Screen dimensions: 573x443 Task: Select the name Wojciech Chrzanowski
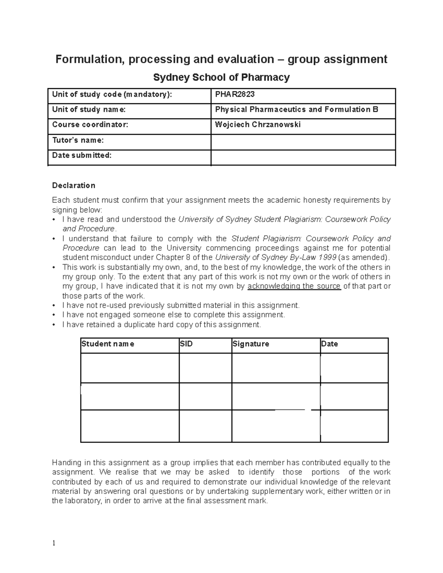pos(258,125)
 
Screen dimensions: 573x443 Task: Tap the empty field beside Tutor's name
pos(303,142)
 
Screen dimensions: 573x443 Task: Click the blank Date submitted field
pos(303,157)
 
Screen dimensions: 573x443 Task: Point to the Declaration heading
pos(73,185)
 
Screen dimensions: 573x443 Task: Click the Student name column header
pos(108,344)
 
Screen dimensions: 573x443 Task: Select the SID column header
pos(186,344)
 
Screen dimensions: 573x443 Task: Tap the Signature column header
pos(251,344)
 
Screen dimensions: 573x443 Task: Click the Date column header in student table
pos(330,344)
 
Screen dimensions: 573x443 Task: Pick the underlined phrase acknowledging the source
pos(294,286)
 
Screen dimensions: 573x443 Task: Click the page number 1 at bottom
pos(54,543)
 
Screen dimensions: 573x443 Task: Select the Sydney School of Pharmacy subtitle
pos(221,77)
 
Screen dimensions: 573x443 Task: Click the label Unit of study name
pos(89,110)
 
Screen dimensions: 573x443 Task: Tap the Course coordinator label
pos(90,125)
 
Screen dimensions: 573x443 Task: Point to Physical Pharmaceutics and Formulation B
pos(296,110)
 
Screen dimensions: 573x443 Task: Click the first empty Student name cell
pos(130,368)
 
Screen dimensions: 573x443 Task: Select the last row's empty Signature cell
pos(276,426)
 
